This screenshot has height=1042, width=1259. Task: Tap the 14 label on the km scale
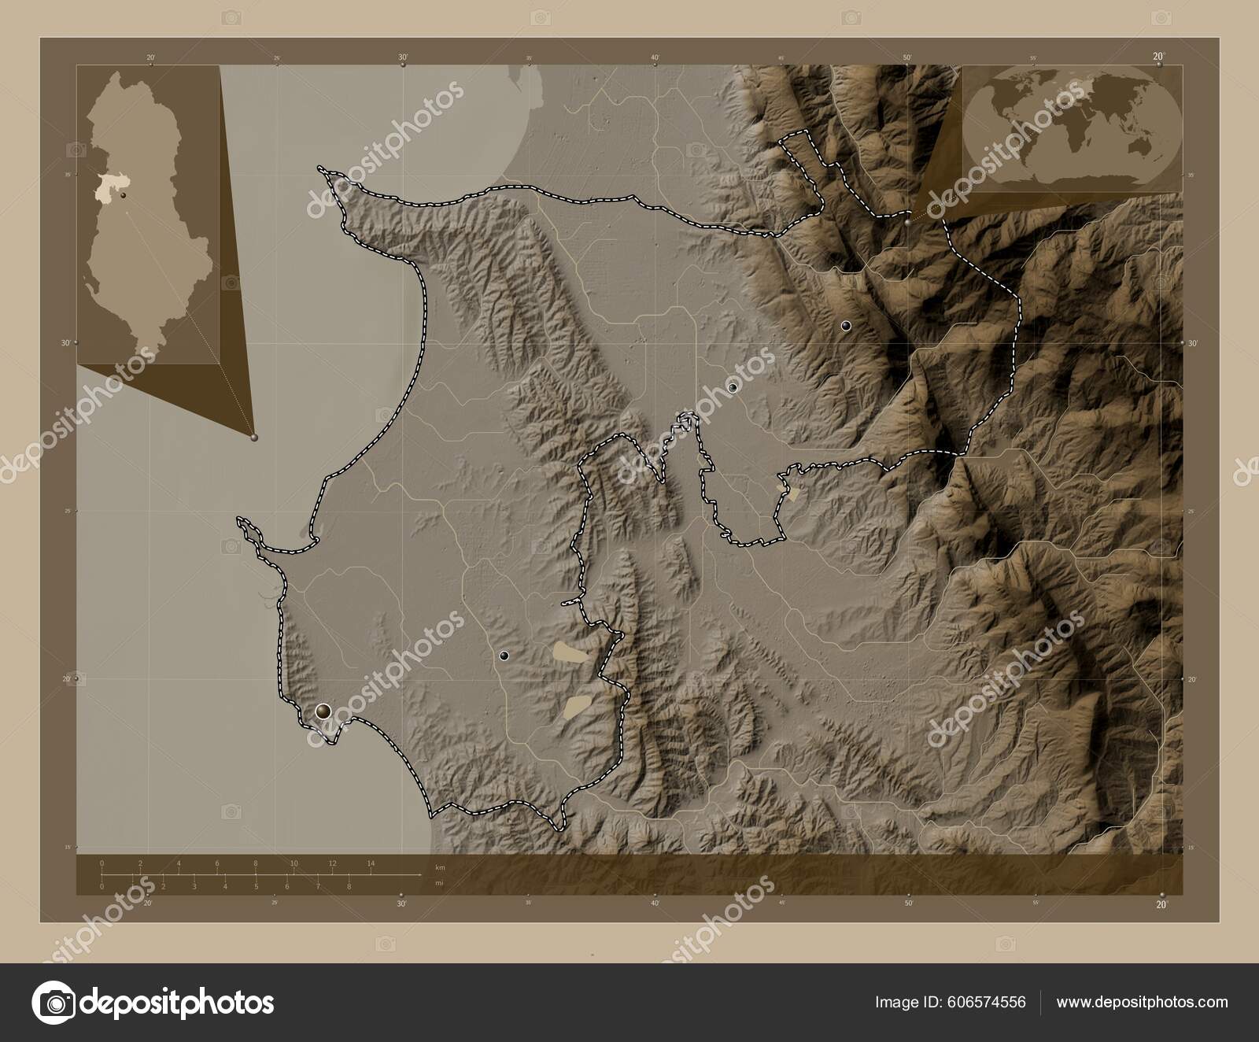click(371, 863)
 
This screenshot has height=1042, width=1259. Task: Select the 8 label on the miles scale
click(349, 886)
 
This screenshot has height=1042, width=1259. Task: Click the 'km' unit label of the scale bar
click(439, 867)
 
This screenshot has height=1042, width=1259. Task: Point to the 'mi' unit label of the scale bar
click(439, 883)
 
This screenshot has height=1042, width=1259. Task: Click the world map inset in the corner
click(1072, 128)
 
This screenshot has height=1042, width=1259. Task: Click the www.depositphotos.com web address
click(1142, 1003)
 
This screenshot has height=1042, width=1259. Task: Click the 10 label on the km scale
click(294, 863)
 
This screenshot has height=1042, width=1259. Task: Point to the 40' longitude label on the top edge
click(655, 57)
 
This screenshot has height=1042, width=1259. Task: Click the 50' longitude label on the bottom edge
click(907, 904)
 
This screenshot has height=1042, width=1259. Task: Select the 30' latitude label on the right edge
click(1191, 343)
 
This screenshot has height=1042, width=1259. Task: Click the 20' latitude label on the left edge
click(68, 678)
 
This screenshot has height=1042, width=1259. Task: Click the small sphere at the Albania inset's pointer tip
click(253, 437)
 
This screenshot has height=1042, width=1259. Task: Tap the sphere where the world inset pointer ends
click(910, 223)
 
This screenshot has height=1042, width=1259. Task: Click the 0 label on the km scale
click(102, 863)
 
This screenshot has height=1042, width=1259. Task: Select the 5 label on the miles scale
click(256, 886)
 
